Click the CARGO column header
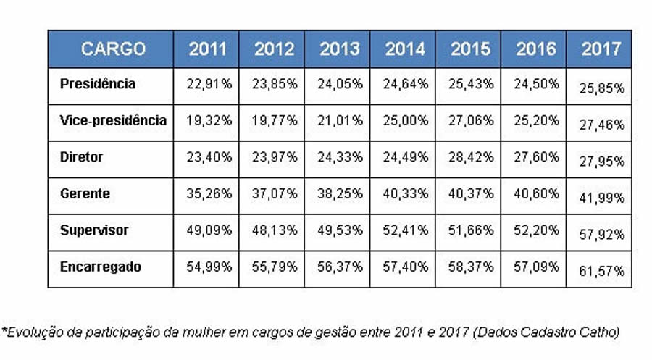(x=113, y=49)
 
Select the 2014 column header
(x=404, y=49)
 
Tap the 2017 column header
(x=601, y=49)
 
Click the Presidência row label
(x=98, y=83)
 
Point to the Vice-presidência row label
(x=113, y=120)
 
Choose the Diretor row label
(x=82, y=156)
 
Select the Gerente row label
(x=85, y=193)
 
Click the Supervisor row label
(x=94, y=230)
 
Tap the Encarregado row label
(x=101, y=267)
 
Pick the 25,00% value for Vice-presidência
(x=405, y=121)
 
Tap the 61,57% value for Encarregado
(x=602, y=271)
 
